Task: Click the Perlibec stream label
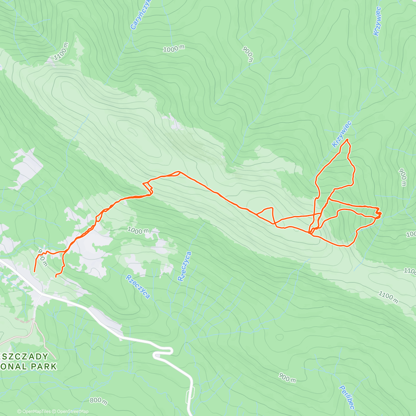(346, 397)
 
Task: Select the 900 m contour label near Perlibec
(287, 378)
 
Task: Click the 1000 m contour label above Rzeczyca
(138, 230)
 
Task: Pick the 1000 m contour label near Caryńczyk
(173, 49)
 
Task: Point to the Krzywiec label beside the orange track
(341, 134)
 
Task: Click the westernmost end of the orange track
(34, 271)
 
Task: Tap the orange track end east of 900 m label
(56, 277)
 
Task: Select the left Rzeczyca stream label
(138, 286)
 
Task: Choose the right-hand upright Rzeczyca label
(184, 266)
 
